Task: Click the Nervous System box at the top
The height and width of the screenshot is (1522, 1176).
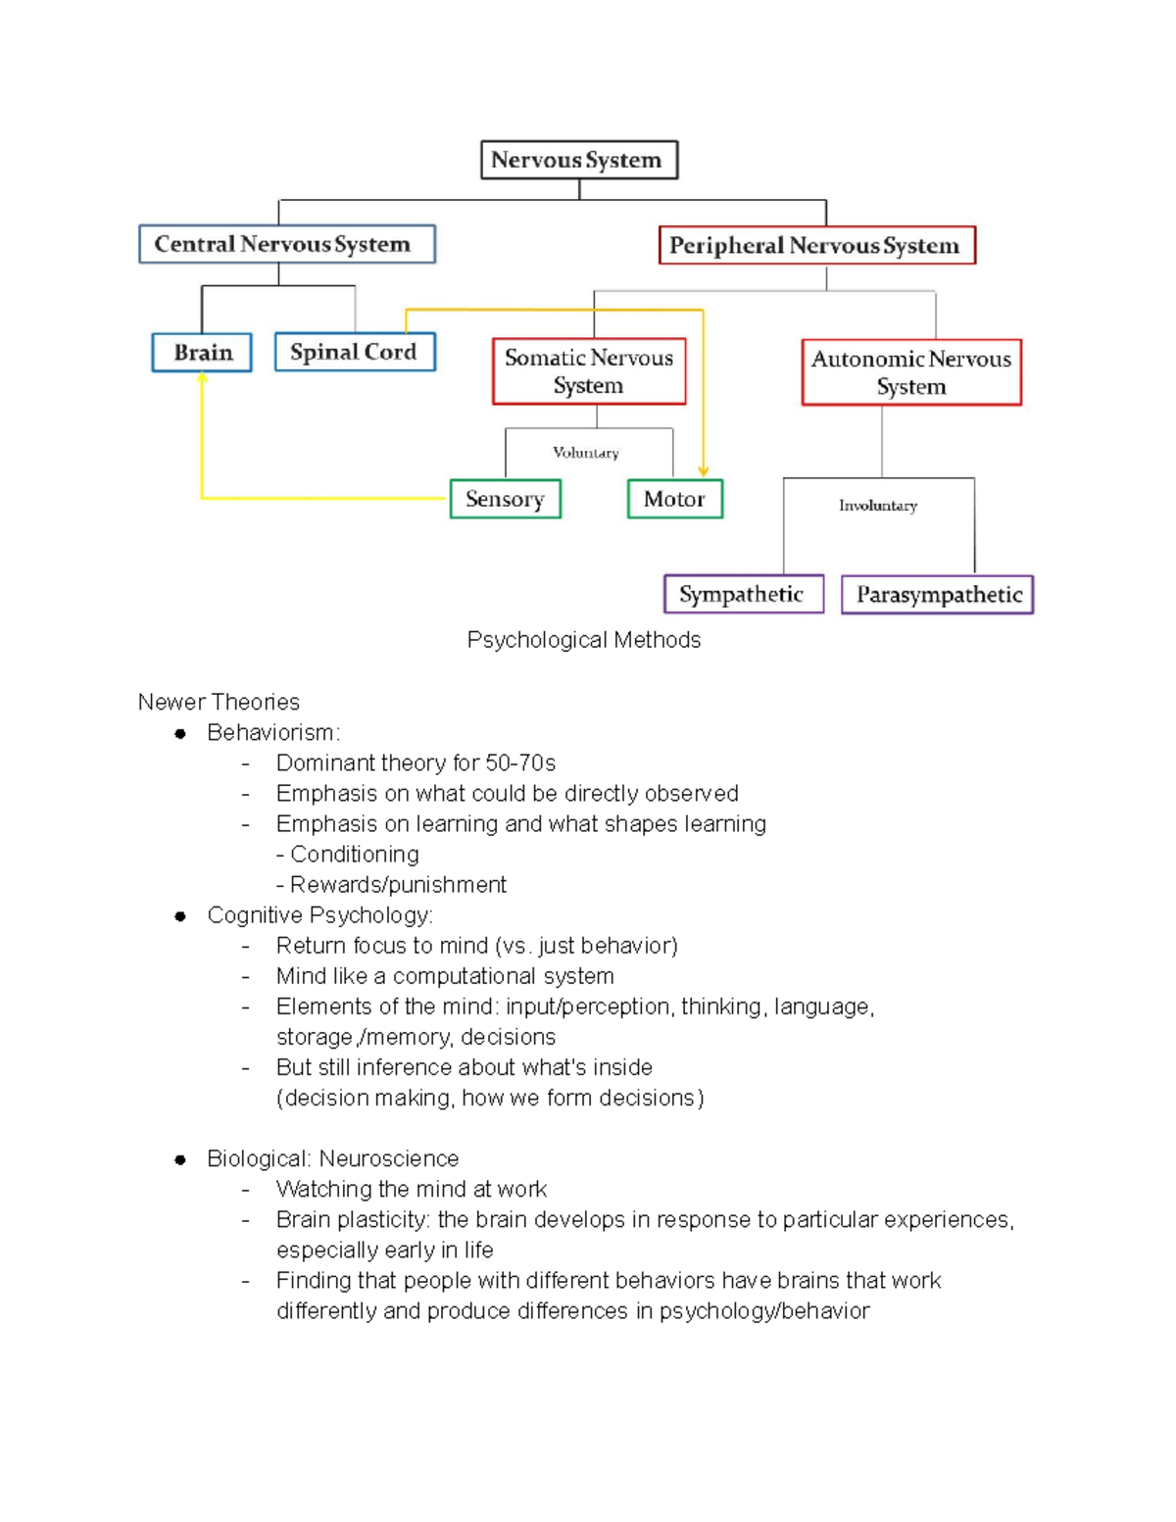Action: click(578, 160)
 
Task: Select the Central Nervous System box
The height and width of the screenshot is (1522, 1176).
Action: click(286, 244)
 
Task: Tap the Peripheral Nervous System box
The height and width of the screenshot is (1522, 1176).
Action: click(816, 245)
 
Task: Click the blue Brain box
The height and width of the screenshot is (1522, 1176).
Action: click(202, 353)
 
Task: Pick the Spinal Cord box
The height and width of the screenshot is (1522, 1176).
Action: click(354, 352)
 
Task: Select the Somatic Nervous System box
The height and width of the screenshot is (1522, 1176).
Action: click(589, 371)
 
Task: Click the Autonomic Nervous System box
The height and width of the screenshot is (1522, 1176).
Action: click(910, 372)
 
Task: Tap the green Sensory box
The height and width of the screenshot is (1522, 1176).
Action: click(505, 499)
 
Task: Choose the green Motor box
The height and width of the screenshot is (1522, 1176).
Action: click(674, 499)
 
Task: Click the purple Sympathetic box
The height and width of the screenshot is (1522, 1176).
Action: click(743, 594)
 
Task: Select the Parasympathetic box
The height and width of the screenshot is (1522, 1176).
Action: click(938, 595)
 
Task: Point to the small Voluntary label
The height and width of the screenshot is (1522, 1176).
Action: click(586, 453)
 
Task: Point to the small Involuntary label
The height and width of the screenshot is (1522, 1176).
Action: click(878, 506)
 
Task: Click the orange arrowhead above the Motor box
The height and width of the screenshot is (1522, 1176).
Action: click(704, 471)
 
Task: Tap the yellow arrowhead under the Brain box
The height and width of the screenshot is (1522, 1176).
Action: click(202, 378)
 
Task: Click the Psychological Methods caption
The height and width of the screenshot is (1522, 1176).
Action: click(584, 640)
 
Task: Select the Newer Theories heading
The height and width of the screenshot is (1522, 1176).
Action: click(219, 702)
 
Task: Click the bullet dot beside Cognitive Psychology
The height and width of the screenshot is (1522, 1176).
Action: click(180, 916)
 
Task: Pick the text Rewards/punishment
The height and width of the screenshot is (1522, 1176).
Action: click(398, 885)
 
